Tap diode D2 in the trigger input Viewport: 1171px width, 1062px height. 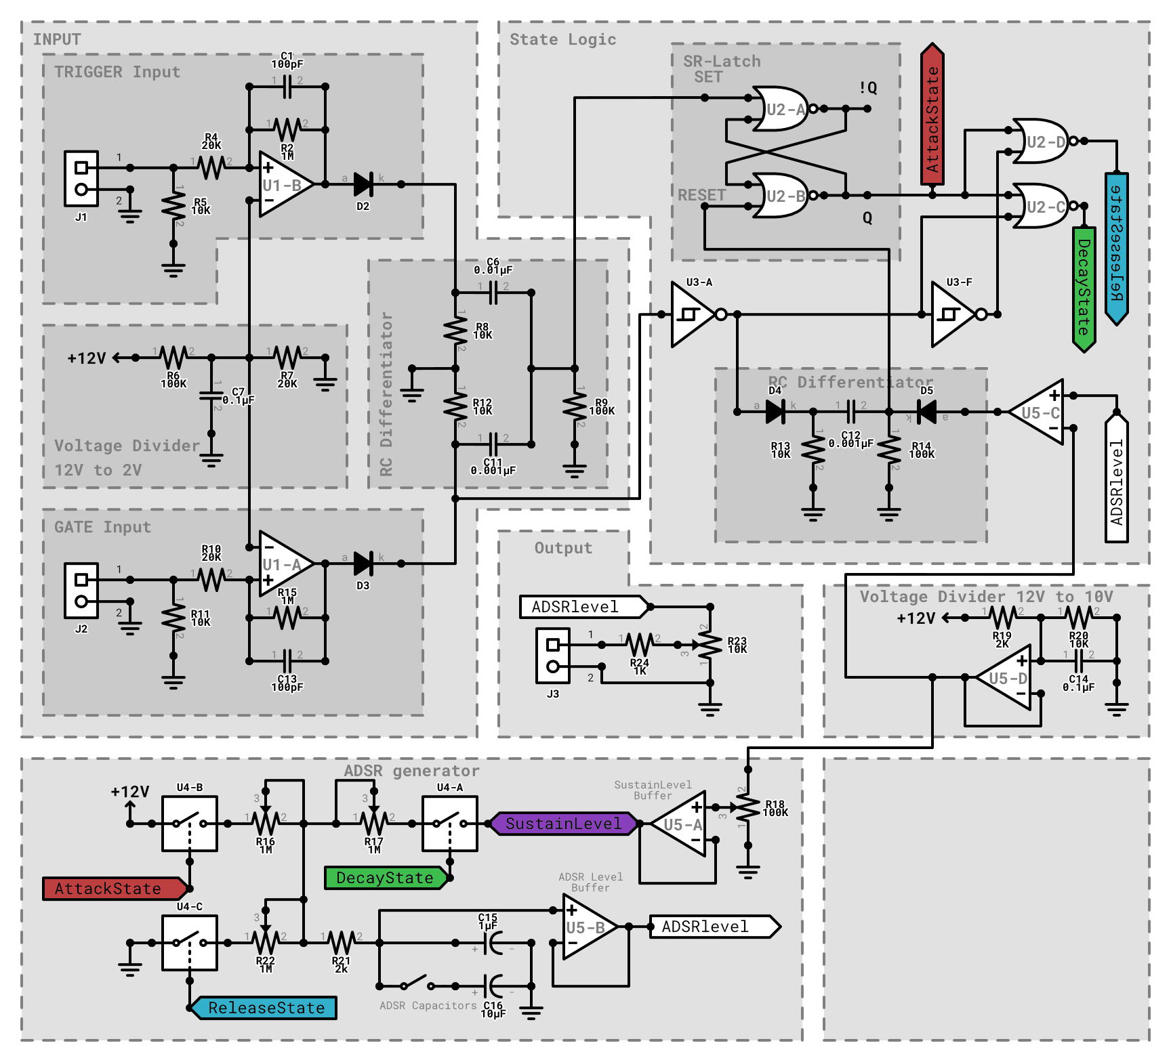363,184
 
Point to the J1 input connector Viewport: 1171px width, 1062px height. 81,178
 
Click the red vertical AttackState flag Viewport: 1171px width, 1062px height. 932,115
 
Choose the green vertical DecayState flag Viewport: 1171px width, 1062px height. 1084,288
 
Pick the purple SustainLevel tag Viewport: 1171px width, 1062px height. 563,824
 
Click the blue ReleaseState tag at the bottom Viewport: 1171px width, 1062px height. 266,1008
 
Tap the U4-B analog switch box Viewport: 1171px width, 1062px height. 190,824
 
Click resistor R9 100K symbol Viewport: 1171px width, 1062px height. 575,406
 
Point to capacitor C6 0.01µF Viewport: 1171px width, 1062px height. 493,293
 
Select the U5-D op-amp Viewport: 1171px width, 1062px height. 1006,677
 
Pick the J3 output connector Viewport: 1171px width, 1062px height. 553,655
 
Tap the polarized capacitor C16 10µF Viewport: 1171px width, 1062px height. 493,986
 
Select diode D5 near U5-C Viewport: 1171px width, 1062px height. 926,412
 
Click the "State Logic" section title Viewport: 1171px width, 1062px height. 562,39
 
